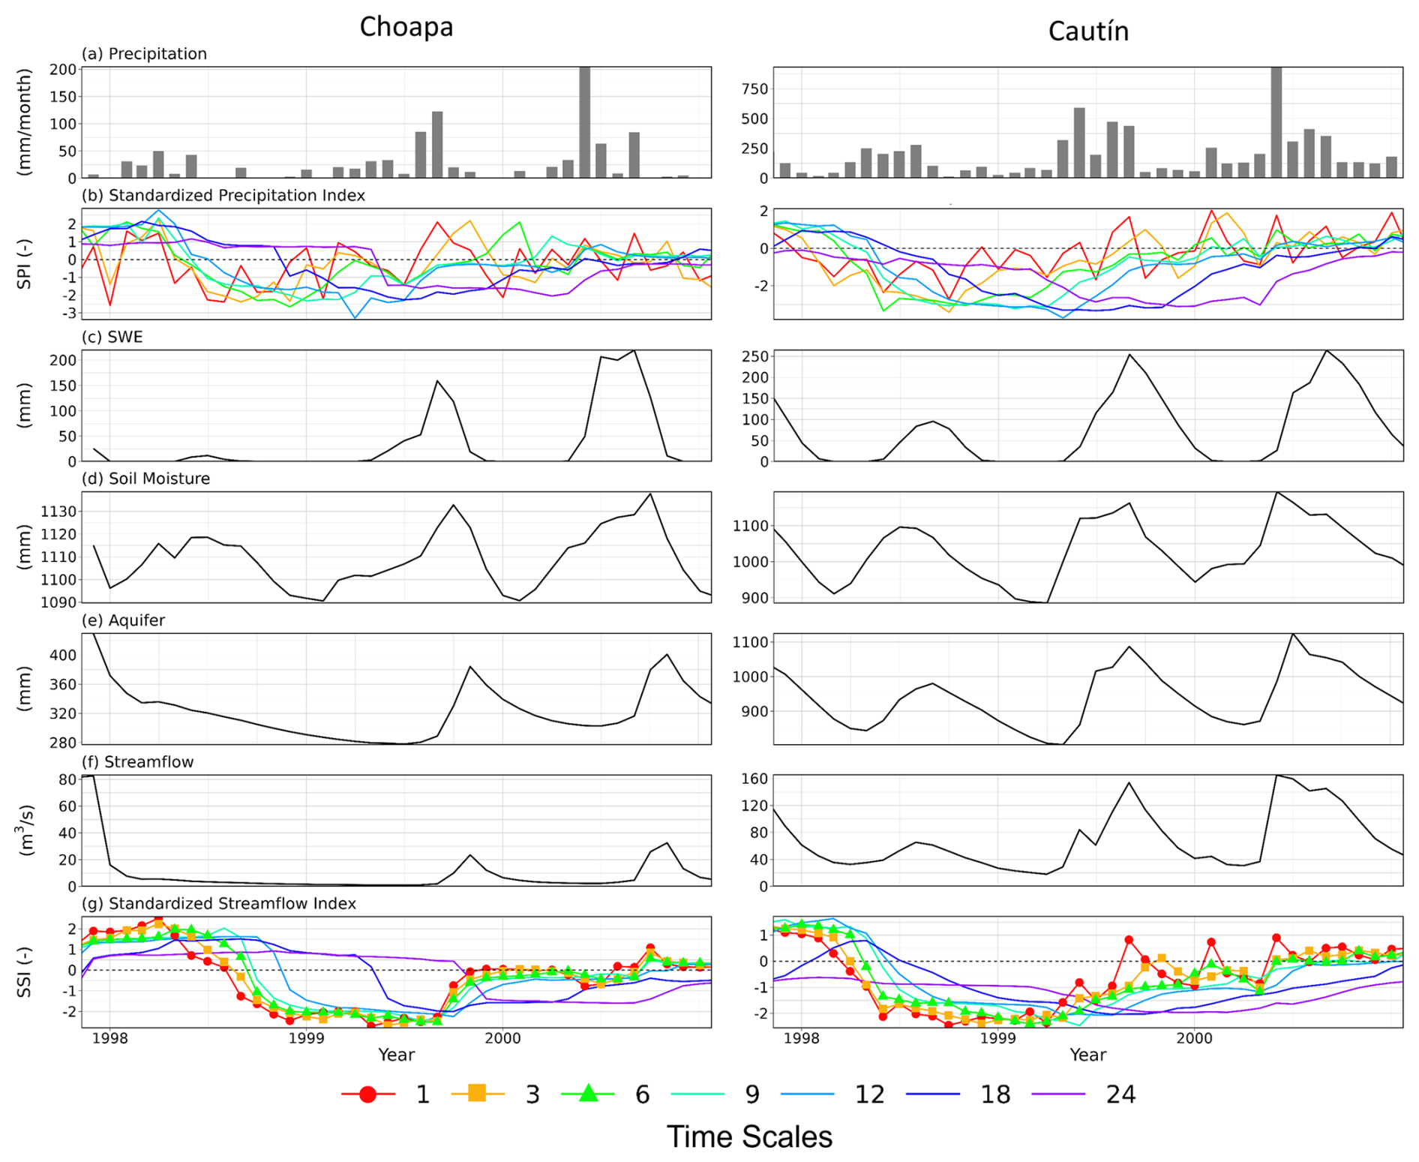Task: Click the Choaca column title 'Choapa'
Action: tap(406, 27)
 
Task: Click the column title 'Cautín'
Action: tap(1087, 32)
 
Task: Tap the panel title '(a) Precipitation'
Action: tap(144, 54)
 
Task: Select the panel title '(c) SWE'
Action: tap(112, 337)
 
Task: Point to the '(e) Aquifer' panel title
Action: tap(123, 620)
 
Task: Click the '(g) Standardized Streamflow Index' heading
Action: tap(218, 903)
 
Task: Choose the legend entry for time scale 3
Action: tap(496, 1094)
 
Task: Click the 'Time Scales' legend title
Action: tap(749, 1137)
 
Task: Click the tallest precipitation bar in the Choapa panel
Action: tap(585, 122)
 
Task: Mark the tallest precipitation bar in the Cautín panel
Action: tap(1276, 122)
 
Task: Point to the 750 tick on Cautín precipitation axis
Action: tap(754, 89)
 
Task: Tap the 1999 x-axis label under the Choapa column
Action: tap(306, 1038)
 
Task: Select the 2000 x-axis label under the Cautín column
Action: tap(1194, 1038)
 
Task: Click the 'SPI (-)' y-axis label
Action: tap(25, 264)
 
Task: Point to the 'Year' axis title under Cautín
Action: tap(1087, 1055)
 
